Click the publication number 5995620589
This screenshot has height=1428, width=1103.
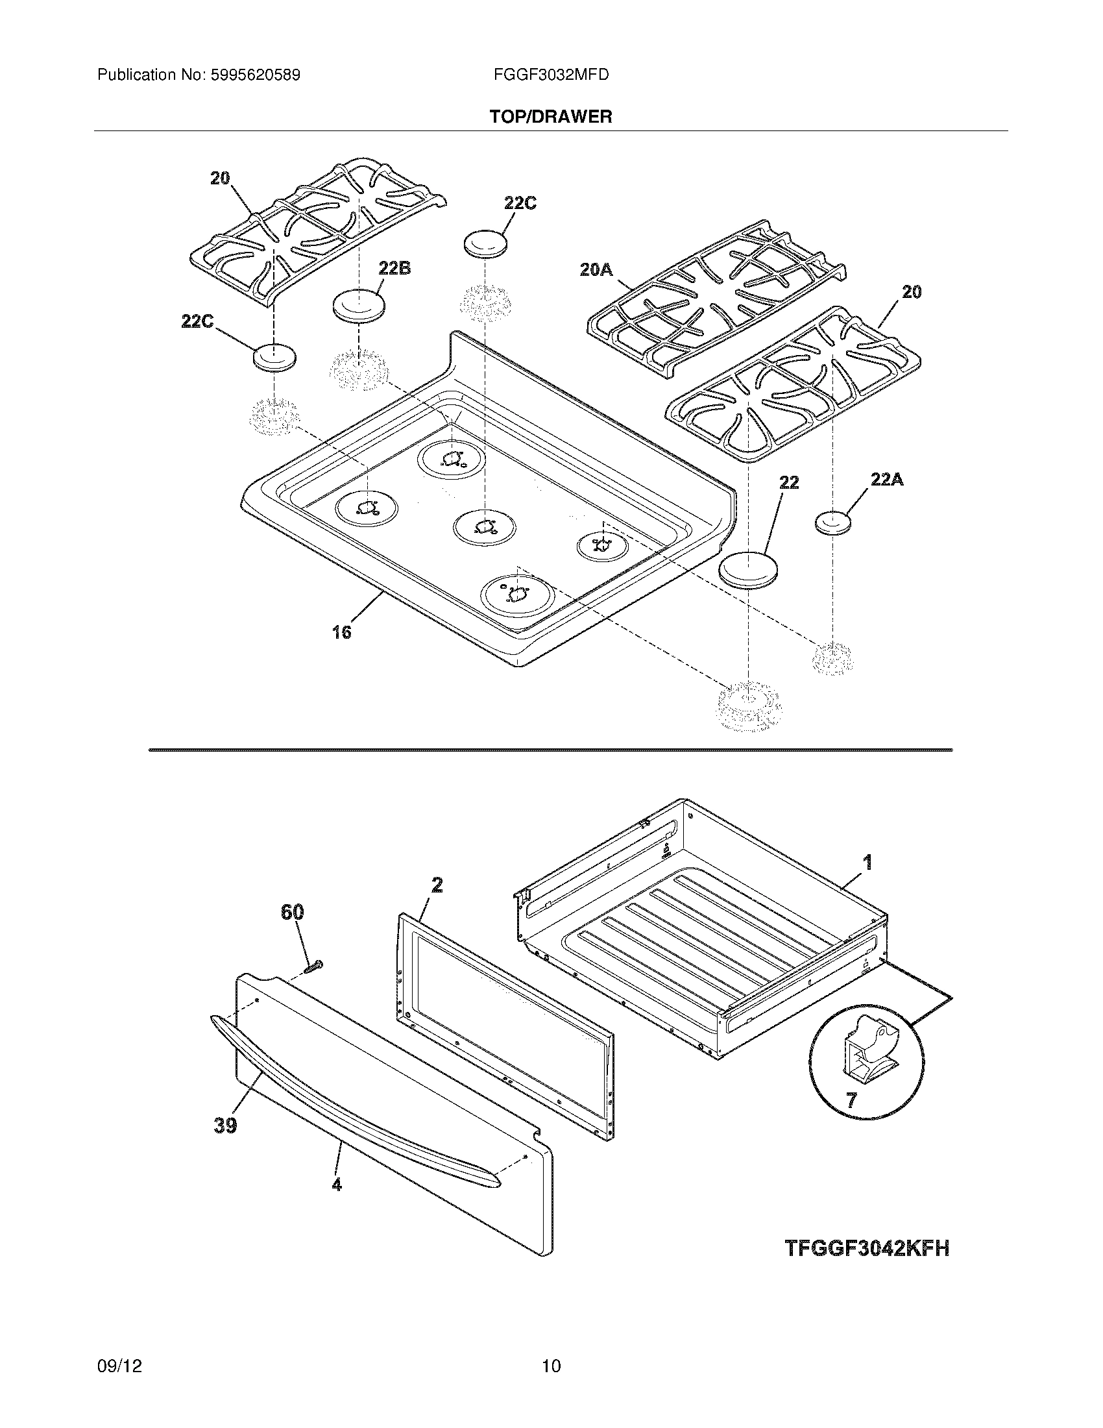pos(255,75)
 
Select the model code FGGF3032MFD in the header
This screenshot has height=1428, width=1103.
pos(551,75)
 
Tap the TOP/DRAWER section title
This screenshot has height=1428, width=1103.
pos(551,117)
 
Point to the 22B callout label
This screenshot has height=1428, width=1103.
pos(394,268)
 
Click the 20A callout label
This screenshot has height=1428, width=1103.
pos(596,269)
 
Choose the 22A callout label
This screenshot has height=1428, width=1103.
pos(887,479)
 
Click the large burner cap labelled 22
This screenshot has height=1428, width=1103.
pos(749,568)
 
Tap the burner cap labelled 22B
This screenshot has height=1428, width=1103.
pos(358,305)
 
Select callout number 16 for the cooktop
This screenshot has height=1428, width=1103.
pos(342,632)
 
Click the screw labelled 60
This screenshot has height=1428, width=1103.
pos(315,965)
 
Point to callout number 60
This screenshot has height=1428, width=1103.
pos(292,912)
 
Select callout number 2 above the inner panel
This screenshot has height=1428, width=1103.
pos(437,885)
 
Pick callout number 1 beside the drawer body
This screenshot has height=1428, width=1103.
pos(867,863)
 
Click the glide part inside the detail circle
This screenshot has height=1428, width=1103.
pos(866,1055)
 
